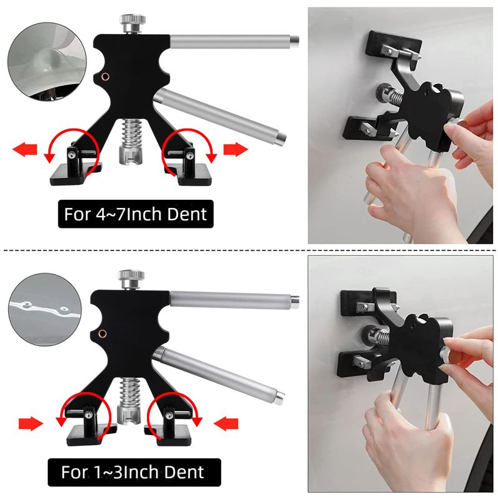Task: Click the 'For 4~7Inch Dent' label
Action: click(136, 214)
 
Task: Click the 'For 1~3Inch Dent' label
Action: click(134, 472)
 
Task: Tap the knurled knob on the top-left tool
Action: click(133, 20)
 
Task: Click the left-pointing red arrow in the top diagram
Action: click(25, 149)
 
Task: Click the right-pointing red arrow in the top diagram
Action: click(236, 149)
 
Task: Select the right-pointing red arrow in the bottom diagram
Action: click(31, 424)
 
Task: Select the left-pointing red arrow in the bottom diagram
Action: click(226, 423)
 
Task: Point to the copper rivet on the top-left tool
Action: click(105, 77)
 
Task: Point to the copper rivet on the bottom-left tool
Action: click(102, 334)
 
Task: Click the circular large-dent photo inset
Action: click(47, 62)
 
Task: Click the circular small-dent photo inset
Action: click(45, 309)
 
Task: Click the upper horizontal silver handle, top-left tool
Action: click(235, 42)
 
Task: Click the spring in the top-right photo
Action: click(395, 95)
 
